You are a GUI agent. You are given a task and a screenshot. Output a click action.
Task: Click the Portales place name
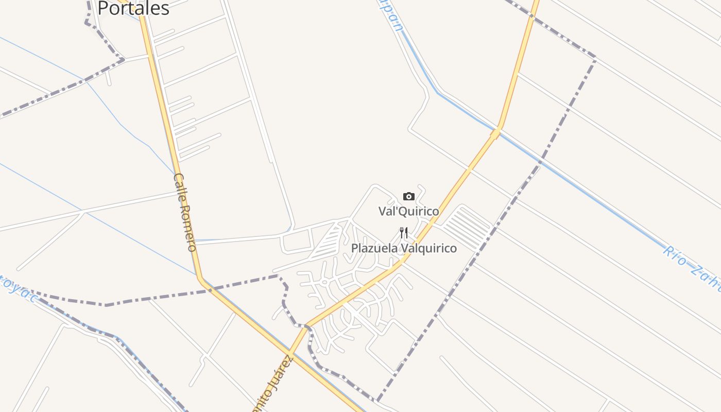tap(133, 8)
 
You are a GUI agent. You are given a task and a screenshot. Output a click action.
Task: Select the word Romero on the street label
tap(188, 228)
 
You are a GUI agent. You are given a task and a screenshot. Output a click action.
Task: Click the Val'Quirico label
tap(409, 211)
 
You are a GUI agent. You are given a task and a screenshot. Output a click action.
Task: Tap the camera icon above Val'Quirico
tap(409, 196)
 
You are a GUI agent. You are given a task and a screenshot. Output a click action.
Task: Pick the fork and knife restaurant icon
tap(404, 233)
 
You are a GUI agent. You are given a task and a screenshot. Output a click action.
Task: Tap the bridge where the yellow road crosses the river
tap(496, 133)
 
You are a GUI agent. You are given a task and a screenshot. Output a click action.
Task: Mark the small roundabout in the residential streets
tap(325, 282)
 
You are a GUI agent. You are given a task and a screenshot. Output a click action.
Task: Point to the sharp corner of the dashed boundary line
tap(595, 58)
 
